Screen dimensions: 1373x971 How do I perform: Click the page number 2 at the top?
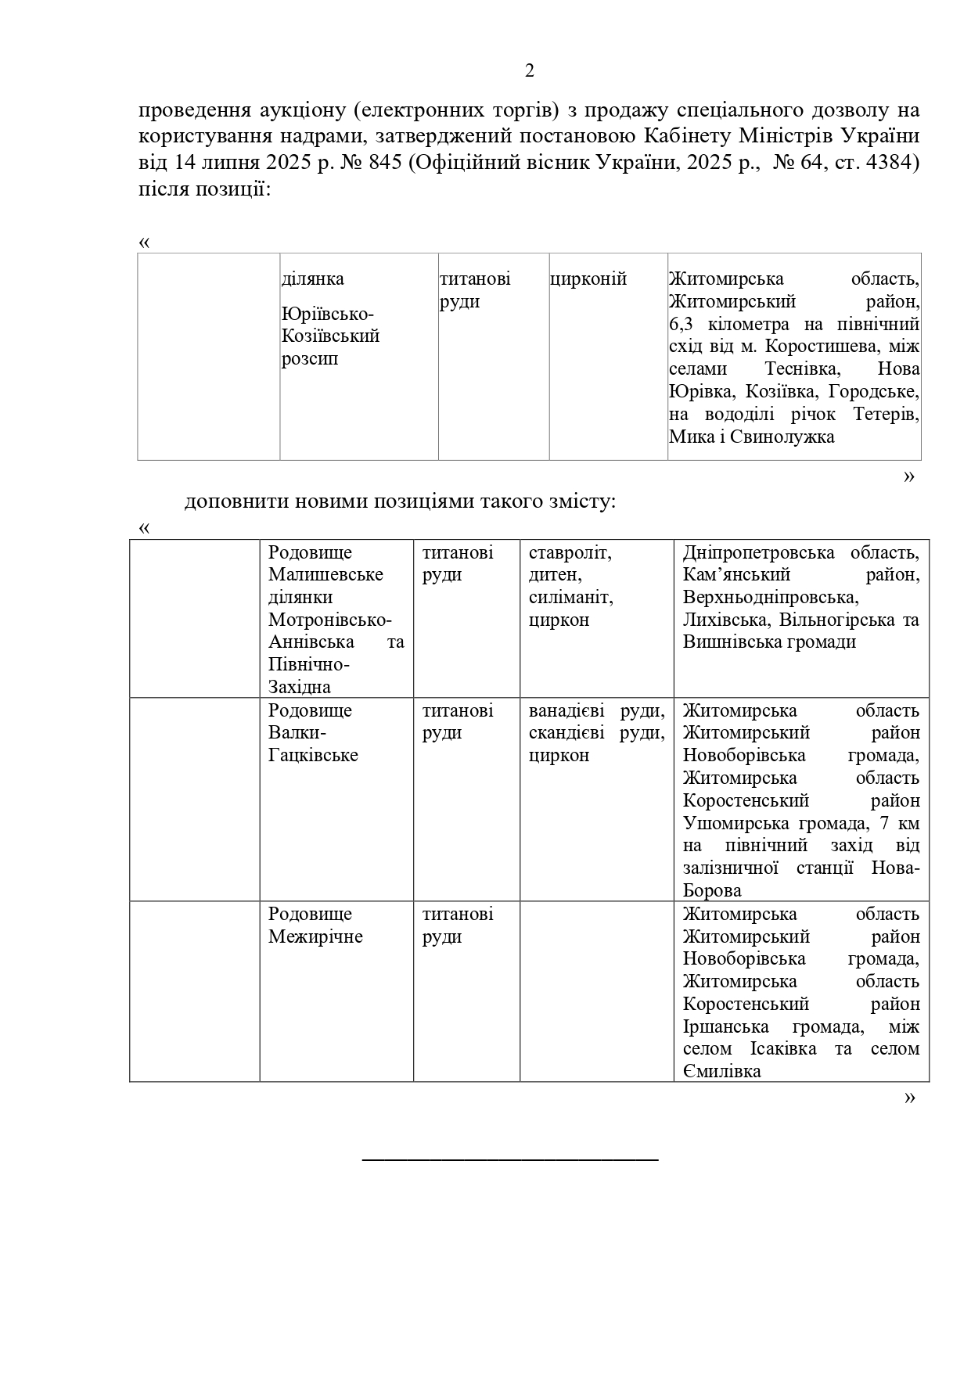click(x=530, y=71)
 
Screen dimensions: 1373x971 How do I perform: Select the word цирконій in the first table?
click(x=588, y=279)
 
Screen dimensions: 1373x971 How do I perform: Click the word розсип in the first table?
click(x=310, y=359)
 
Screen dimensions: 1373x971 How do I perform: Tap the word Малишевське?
click(x=325, y=575)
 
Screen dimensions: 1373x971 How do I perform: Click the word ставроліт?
click(x=569, y=553)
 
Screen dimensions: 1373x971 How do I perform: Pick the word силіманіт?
click(x=570, y=598)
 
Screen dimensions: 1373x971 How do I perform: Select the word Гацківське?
click(x=313, y=756)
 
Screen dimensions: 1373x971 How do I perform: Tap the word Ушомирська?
click(x=735, y=824)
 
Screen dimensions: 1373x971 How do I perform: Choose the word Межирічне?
click(x=315, y=936)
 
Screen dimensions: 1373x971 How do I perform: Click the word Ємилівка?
click(x=721, y=1071)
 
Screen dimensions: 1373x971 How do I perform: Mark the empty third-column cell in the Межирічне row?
click(x=596, y=991)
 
